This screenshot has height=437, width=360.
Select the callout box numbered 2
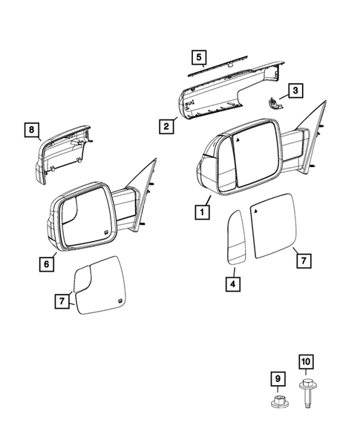166,126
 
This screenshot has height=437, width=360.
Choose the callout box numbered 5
197,56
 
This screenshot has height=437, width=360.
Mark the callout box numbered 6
46,263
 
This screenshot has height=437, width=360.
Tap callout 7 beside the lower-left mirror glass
64,301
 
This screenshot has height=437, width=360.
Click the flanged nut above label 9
276,404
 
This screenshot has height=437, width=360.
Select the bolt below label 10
306,396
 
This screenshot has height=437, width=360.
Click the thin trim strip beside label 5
223,68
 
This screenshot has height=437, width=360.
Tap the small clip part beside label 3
275,104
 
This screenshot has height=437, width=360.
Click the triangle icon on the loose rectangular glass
258,211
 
